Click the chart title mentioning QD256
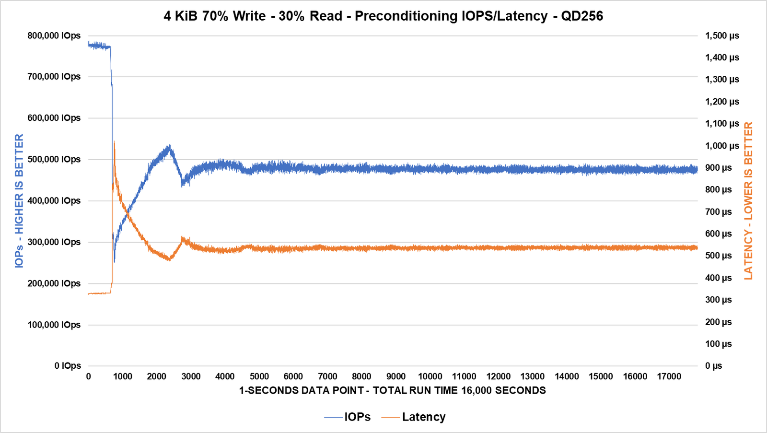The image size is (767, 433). point(383,16)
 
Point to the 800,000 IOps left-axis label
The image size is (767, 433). point(54,35)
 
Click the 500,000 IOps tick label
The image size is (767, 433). point(54,159)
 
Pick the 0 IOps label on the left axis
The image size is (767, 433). point(68,366)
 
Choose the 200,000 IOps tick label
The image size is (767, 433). point(54,283)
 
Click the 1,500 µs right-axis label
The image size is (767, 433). point(722,35)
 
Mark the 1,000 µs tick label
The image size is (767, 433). point(722,146)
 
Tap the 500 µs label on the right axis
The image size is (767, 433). point(718,256)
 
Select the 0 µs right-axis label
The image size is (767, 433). point(713,366)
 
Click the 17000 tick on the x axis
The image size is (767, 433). point(669,377)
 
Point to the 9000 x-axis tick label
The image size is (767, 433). point(396,377)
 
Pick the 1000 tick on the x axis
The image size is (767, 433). point(123,377)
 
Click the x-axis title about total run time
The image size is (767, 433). point(392,390)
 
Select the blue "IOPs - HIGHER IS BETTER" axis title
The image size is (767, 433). point(19,200)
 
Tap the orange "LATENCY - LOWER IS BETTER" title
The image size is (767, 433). point(748,200)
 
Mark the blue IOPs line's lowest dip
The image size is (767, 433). point(114,262)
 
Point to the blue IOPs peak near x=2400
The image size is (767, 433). point(169,146)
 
